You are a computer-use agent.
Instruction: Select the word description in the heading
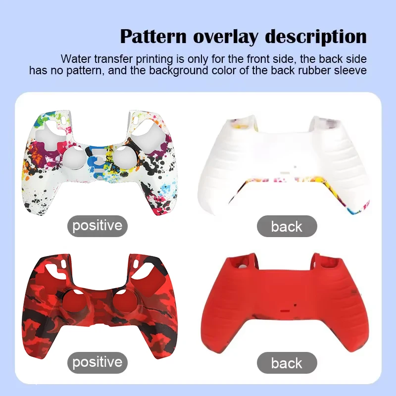tap(317, 37)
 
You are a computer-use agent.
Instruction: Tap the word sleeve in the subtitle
tap(350, 70)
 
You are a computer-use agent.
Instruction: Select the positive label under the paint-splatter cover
tap(97, 226)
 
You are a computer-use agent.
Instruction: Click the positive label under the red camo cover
tap(97, 362)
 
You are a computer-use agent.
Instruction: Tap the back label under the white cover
tap(287, 227)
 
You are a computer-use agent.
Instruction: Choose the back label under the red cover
tap(287, 363)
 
